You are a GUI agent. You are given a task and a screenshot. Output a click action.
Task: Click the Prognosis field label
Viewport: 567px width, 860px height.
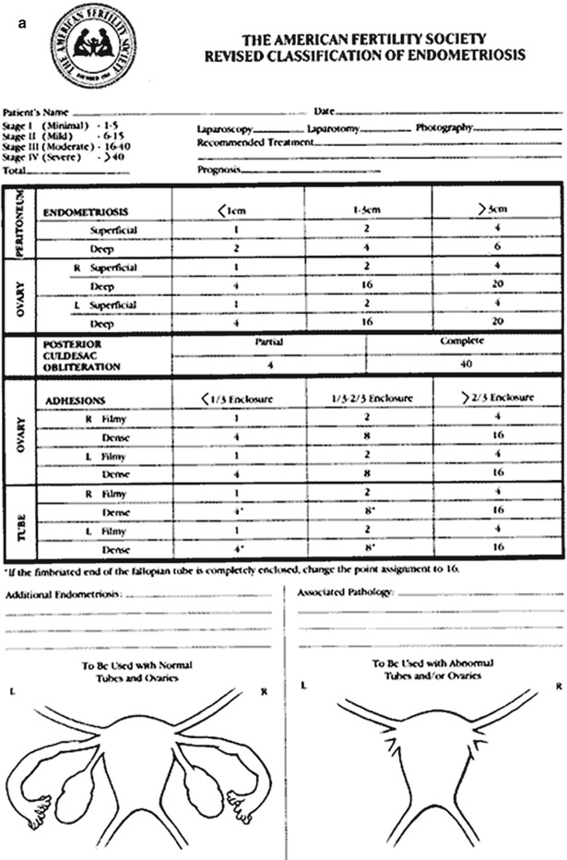(x=219, y=170)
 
